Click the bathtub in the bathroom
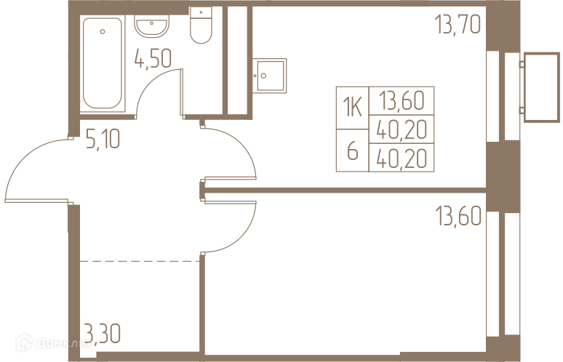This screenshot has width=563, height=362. pos(103,63)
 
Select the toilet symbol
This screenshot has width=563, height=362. pos(200,24)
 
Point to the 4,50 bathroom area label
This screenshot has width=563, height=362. pos(153,57)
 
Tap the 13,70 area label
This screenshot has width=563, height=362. pos(458,26)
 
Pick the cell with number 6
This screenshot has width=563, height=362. pos(352,151)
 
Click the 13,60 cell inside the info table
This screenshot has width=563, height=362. pos(402,100)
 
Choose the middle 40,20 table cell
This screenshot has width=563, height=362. pos(402,129)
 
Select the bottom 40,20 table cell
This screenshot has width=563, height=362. pos(402,157)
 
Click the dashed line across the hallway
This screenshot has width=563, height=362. pos(138,260)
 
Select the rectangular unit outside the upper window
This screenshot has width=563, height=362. pos(540,86)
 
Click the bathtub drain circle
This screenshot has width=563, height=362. pos(102,31)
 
